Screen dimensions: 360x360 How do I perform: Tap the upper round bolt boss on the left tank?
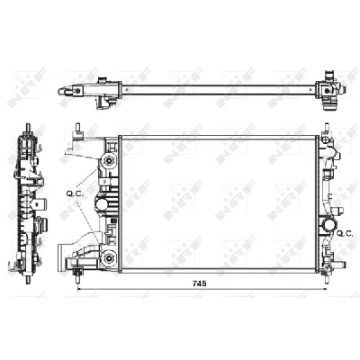(x=109, y=160)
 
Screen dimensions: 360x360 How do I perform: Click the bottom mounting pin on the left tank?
(x=78, y=272)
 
